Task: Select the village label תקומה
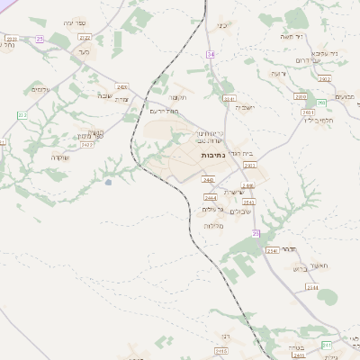176,97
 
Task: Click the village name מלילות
213,226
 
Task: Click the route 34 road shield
210,55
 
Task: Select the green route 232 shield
22,116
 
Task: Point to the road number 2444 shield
210,197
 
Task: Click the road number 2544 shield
311,287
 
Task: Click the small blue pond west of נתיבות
109,183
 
